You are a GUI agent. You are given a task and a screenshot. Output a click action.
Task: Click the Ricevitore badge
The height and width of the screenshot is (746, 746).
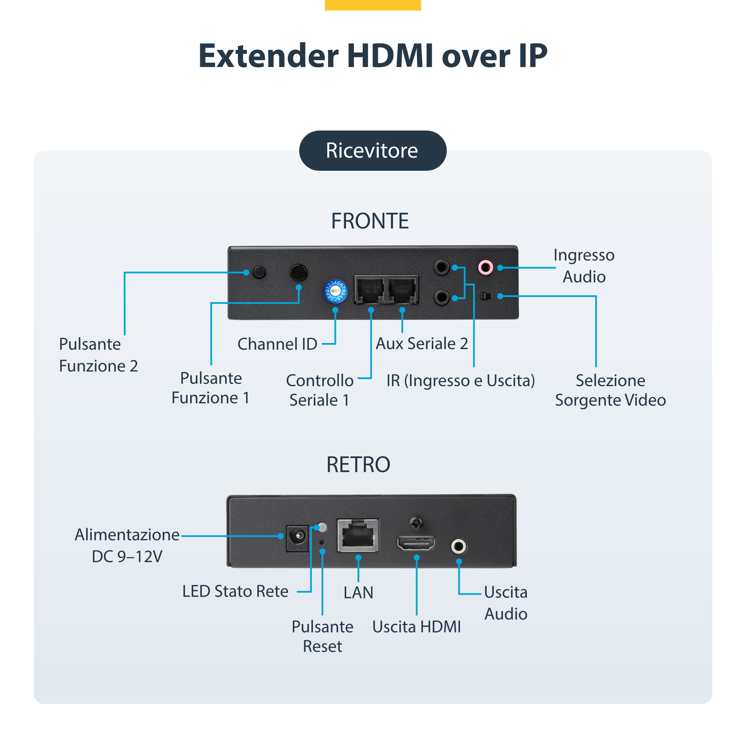373,151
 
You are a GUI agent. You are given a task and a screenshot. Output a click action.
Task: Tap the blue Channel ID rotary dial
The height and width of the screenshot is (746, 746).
335,291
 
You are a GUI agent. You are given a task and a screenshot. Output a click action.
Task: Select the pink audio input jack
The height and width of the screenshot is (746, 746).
485,267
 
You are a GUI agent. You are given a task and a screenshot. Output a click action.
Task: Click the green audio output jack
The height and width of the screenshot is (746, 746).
459,546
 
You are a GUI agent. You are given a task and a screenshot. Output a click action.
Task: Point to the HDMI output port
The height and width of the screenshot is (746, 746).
416,543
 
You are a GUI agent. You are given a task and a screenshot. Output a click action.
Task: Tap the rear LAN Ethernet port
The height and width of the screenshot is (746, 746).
358,535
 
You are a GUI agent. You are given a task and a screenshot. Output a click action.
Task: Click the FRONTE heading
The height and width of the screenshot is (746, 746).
370,221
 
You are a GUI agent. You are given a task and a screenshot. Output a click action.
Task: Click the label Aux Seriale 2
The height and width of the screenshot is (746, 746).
422,344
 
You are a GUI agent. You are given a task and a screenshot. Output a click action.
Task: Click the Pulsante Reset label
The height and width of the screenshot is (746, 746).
322,636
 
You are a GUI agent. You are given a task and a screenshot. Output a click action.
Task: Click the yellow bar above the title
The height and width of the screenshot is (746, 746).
373,5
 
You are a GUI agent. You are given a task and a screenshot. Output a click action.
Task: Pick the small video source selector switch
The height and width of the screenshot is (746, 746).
485,296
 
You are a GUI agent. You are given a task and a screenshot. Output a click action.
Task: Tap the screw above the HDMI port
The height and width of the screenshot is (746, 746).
416,524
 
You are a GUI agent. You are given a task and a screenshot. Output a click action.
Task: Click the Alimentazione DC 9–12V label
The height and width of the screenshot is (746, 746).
127,546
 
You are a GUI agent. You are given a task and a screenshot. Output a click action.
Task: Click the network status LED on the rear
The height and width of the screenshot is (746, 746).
322,527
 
